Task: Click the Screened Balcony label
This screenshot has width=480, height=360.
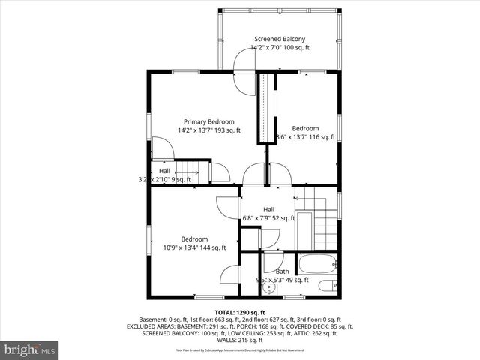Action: [279, 39]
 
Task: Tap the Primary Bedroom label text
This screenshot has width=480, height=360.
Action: [209, 121]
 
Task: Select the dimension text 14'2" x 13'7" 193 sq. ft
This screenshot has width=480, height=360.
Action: [209, 130]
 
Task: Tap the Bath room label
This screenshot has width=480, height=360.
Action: [282, 271]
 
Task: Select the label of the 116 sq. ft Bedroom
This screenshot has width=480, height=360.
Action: [305, 128]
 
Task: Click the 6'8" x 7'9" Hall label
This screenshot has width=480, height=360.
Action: [268, 209]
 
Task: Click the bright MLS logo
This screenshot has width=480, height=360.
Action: [30, 349]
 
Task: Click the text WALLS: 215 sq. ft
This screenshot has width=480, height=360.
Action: [240, 340]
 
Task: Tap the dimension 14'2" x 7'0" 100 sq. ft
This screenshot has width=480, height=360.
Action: [279, 47]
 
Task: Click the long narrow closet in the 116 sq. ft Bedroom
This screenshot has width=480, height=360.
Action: [265, 109]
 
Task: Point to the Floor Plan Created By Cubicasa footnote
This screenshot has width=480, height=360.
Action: [240, 349]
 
